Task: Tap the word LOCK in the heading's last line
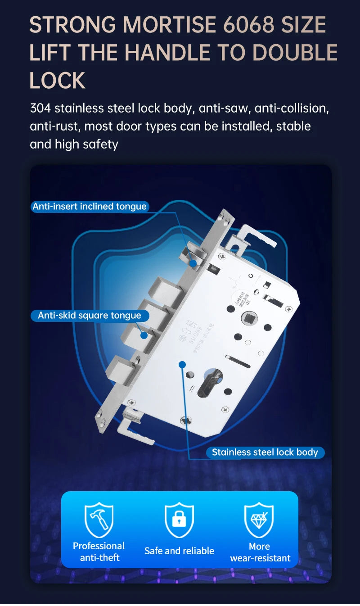click(x=57, y=81)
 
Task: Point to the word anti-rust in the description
click(x=54, y=126)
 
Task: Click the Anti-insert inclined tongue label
click(x=90, y=207)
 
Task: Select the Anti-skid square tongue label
click(x=90, y=316)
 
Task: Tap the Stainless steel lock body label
click(x=265, y=452)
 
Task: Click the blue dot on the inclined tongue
click(x=193, y=263)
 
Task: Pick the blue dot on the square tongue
click(x=144, y=335)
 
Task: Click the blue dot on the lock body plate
click(x=182, y=364)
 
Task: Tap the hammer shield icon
click(x=99, y=520)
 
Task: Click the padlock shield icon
click(x=179, y=520)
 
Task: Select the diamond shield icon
click(x=259, y=520)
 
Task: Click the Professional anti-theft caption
click(x=99, y=552)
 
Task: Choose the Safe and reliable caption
click(x=179, y=551)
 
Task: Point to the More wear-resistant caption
click(x=260, y=552)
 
